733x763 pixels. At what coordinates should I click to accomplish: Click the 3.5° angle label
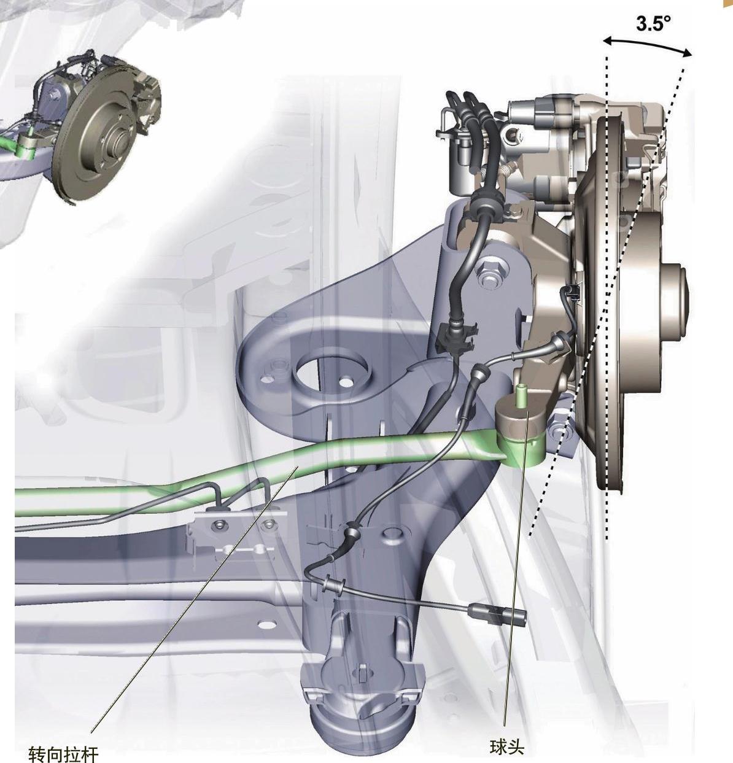653,24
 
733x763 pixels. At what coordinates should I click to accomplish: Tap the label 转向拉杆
63,753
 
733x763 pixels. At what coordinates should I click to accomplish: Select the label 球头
506,747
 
